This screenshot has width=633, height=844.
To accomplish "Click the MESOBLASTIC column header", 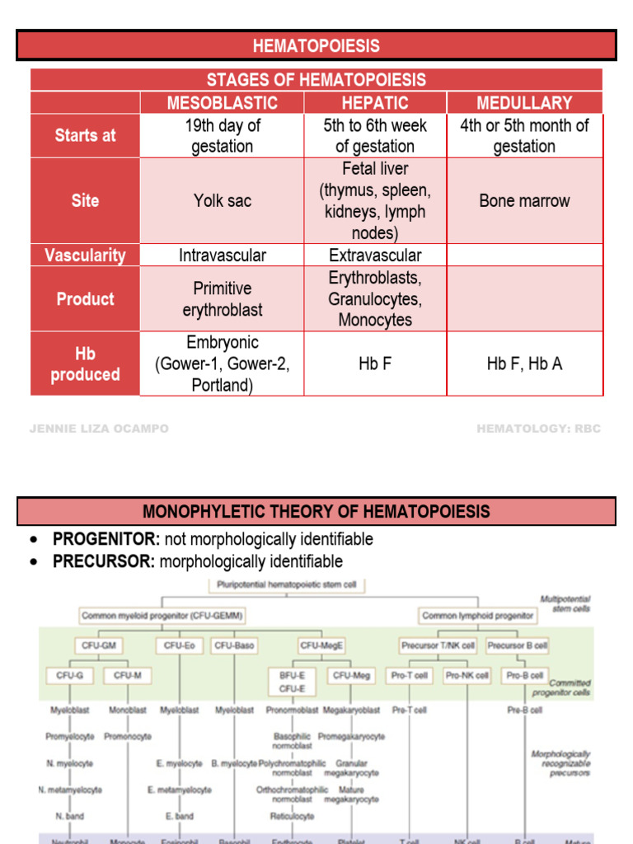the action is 223,103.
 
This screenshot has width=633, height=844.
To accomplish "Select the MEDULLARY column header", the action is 524,103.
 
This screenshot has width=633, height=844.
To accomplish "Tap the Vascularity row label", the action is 86,256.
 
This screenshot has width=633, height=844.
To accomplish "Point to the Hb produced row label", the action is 86,363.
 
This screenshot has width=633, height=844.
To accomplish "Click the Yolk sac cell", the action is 223,201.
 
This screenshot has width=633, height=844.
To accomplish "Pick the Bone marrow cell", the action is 524,201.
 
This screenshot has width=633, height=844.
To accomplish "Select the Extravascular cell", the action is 375,256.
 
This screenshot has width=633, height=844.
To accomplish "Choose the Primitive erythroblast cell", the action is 223,299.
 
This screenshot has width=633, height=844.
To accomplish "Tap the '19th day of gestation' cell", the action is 223,136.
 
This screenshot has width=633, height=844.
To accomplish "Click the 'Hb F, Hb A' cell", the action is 524,363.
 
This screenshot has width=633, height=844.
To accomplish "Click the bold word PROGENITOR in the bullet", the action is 106,540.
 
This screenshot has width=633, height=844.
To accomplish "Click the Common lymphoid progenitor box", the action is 478,616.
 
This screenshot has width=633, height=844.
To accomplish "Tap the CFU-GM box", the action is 98,646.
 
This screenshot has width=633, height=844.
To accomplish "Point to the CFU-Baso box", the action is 234,646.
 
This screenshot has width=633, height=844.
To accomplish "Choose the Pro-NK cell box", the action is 467,676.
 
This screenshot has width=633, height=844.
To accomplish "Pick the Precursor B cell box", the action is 518,646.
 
